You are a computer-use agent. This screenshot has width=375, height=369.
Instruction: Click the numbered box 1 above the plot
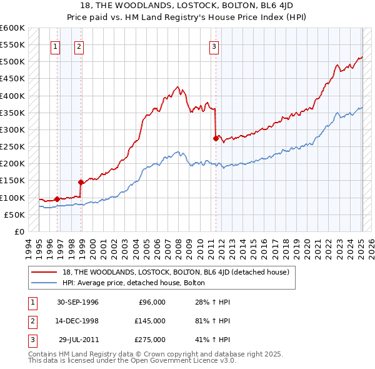[56, 46]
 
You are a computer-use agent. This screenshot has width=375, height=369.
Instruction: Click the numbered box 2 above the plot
[79, 46]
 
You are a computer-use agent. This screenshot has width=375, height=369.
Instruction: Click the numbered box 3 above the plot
[214, 46]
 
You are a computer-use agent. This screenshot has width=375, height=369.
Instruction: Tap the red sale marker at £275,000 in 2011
[216, 138]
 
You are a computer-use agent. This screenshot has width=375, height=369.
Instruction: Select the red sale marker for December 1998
[81, 183]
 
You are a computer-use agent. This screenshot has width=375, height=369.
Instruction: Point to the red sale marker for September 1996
[57, 199]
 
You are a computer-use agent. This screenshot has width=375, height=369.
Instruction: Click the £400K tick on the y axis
[13, 96]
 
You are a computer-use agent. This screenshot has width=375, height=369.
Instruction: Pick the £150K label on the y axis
[13, 181]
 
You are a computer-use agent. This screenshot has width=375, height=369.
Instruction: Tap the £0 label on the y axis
[19, 231]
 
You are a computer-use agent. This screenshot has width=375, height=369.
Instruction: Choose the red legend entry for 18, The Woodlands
[176, 272]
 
